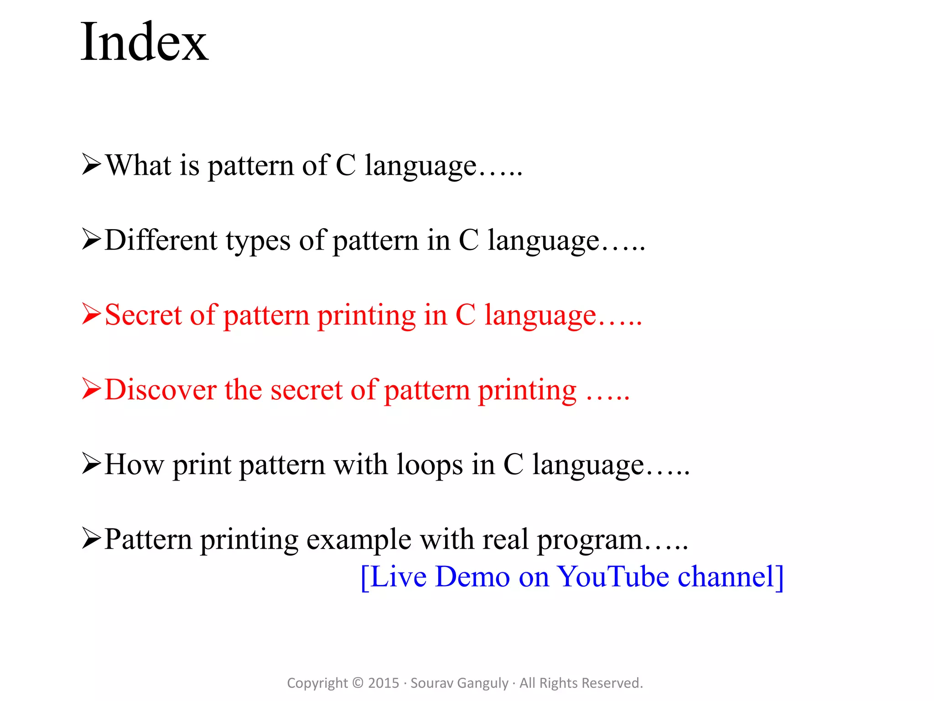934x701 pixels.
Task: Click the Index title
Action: (144, 42)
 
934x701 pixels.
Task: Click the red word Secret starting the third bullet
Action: (143, 315)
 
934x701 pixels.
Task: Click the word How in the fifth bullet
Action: (134, 465)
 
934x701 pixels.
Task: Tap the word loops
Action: (430, 466)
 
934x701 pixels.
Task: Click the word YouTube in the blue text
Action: (613, 577)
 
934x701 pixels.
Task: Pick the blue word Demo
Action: (472, 577)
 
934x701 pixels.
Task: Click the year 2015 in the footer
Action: (383, 683)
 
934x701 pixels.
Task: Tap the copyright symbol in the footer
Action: (358, 683)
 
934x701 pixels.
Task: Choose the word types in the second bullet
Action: (258, 241)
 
